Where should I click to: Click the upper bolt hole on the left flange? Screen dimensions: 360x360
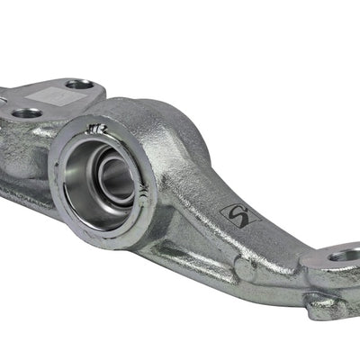(x=79, y=85)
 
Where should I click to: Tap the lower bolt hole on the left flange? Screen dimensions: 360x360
(x=27, y=114)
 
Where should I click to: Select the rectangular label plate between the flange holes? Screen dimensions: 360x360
(x=47, y=97)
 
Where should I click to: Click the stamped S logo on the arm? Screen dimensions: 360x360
(x=241, y=215)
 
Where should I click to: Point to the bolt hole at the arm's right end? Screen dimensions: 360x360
(x=346, y=257)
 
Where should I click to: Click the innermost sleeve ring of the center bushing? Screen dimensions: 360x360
(x=117, y=177)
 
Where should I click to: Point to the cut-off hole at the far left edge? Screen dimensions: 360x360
(x=3, y=92)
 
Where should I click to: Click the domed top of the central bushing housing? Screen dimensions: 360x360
(x=166, y=117)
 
